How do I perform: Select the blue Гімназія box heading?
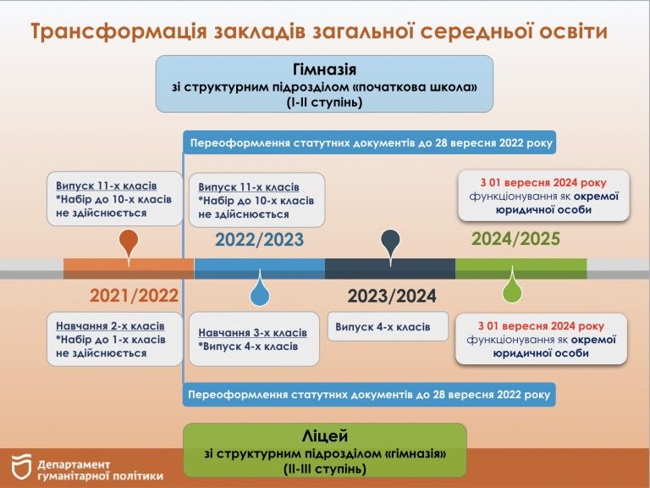(323, 70)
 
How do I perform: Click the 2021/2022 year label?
(134, 296)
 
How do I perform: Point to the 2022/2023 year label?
(259, 240)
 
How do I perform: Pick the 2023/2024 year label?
(392, 296)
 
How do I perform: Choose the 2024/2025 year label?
(515, 240)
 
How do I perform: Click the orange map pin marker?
(129, 242)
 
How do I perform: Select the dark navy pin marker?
(390, 242)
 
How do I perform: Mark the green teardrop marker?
(512, 291)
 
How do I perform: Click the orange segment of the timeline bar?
(129, 269)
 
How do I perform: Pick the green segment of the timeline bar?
(521, 269)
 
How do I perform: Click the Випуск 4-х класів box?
(388, 326)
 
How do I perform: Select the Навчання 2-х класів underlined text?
(110, 326)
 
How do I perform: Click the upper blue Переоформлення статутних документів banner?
(370, 142)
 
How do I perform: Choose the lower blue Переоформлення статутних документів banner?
(370, 395)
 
